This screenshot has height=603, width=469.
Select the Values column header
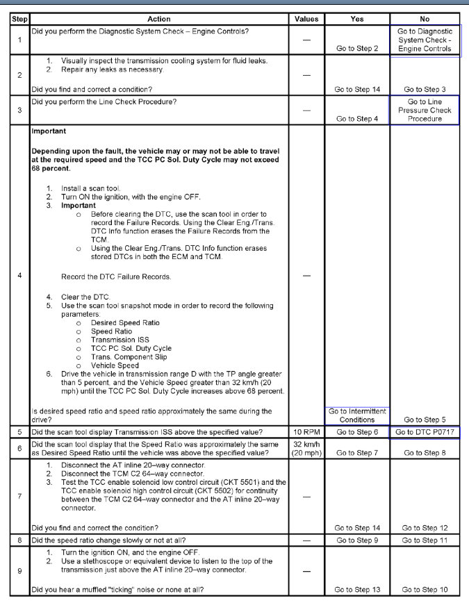(306, 19)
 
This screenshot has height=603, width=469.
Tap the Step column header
(19, 19)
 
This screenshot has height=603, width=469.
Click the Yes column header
(356, 19)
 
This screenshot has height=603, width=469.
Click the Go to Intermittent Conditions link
(356, 415)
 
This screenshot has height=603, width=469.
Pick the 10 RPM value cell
(306, 432)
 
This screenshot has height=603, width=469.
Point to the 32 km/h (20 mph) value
(306, 448)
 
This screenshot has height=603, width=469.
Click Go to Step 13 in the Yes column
(356, 590)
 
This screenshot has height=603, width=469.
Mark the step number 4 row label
(19, 276)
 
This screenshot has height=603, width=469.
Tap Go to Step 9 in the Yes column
(356, 540)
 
